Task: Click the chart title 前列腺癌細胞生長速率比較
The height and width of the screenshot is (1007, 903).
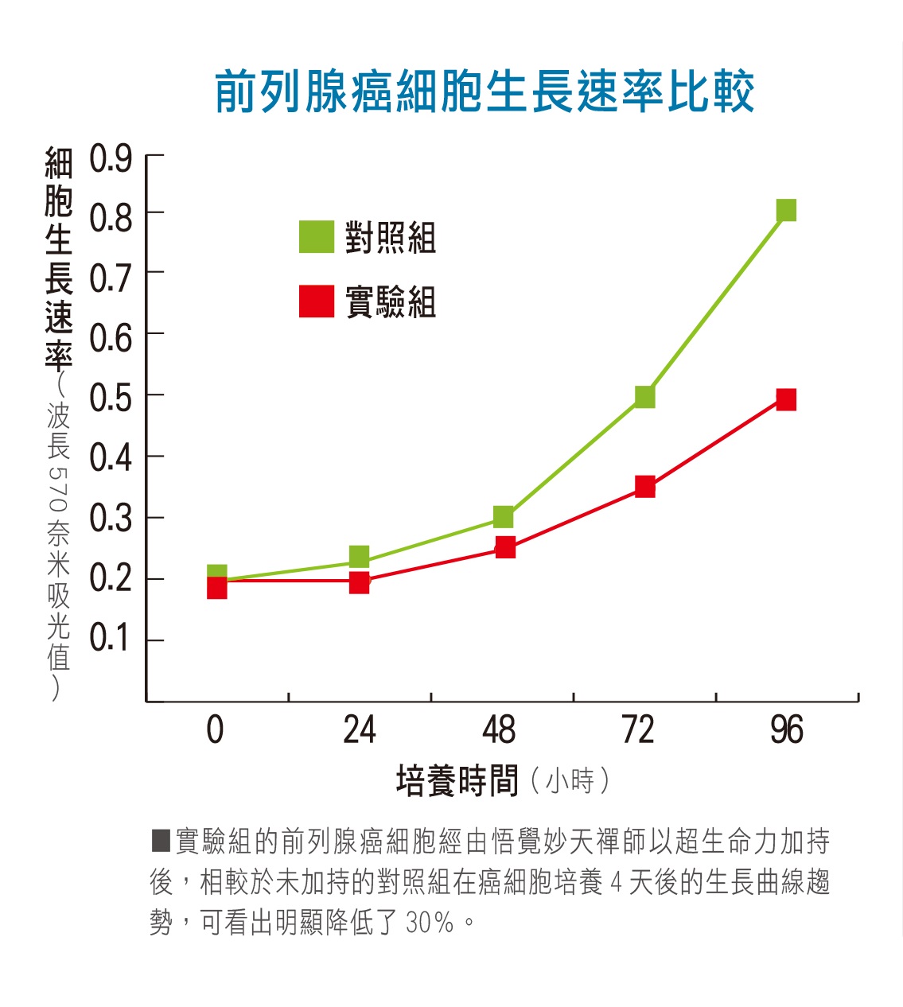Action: (x=485, y=91)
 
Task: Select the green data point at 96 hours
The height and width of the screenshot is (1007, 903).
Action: (x=786, y=210)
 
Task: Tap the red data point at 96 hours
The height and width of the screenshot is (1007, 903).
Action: (x=786, y=399)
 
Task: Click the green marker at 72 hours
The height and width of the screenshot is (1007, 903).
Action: (x=645, y=396)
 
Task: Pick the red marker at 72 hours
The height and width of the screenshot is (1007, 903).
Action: (x=645, y=487)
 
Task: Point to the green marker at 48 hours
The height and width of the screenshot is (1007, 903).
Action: (x=504, y=517)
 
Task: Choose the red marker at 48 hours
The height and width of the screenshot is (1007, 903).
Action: (x=505, y=547)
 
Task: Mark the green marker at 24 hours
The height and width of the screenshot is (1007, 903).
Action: (x=360, y=555)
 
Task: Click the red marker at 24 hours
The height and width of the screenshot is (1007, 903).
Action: (x=360, y=583)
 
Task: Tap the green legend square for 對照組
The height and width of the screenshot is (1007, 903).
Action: (x=316, y=236)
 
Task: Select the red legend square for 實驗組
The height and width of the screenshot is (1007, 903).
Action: (x=316, y=301)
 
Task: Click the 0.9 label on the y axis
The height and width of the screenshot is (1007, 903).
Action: (x=111, y=159)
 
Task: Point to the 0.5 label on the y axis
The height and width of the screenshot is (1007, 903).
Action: (x=111, y=398)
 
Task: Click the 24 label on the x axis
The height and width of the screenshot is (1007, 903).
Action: (x=360, y=730)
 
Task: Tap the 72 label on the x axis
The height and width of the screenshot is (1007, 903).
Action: (x=638, y=730)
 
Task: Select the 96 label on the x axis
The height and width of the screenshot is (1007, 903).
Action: (x=787, y=730)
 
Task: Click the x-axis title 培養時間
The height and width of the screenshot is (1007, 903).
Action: (x=457, y=781)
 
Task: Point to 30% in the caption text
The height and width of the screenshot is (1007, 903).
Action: (x=430, y=923)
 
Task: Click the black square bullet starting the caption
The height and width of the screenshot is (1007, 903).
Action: (x=161, y=840)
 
